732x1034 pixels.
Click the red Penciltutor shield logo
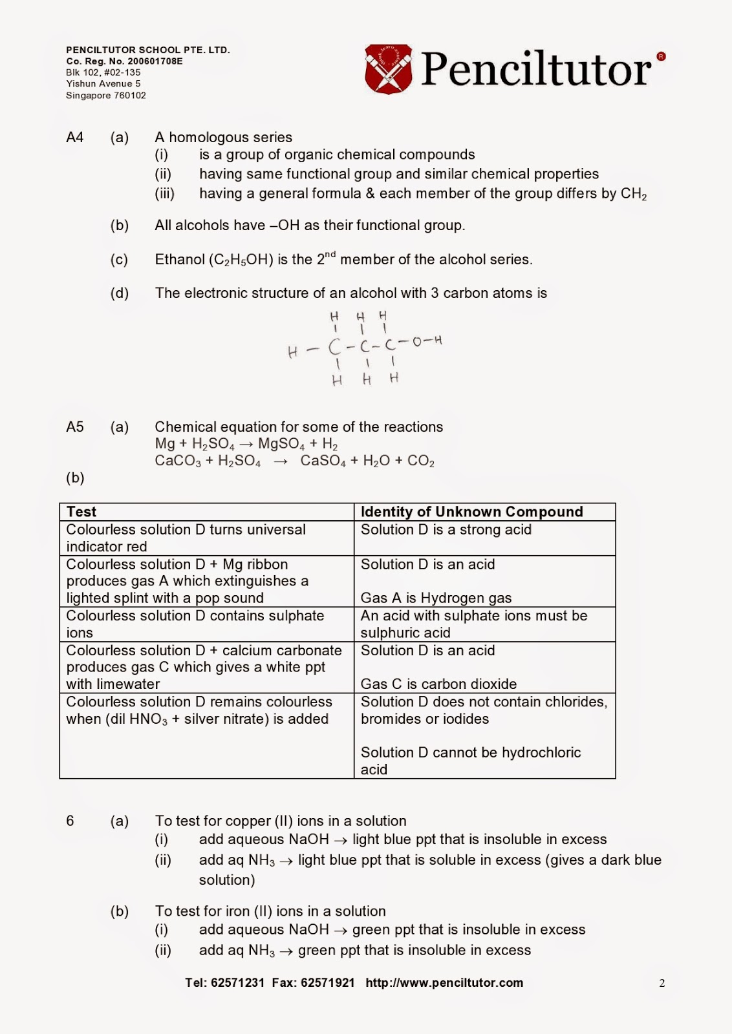tap(388, 69)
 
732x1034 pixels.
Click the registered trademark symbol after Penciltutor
tap(661, 57)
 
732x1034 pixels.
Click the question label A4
tap(75, 137)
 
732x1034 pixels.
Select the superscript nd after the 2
tap(330, 255)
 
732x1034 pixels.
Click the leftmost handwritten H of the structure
tap(293, 352)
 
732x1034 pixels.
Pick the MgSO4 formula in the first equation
tap(281, 444)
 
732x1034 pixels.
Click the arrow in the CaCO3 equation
tap(280, 461)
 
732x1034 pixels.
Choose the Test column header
tap(81, 512)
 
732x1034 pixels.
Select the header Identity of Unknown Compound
tap(471, 512)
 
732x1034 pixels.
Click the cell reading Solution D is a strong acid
tap(446, 530)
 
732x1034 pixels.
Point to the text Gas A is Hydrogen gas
tap(436, 598)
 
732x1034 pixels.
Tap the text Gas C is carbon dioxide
tap(438, 684)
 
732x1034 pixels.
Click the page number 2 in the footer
tap(662, 984)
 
